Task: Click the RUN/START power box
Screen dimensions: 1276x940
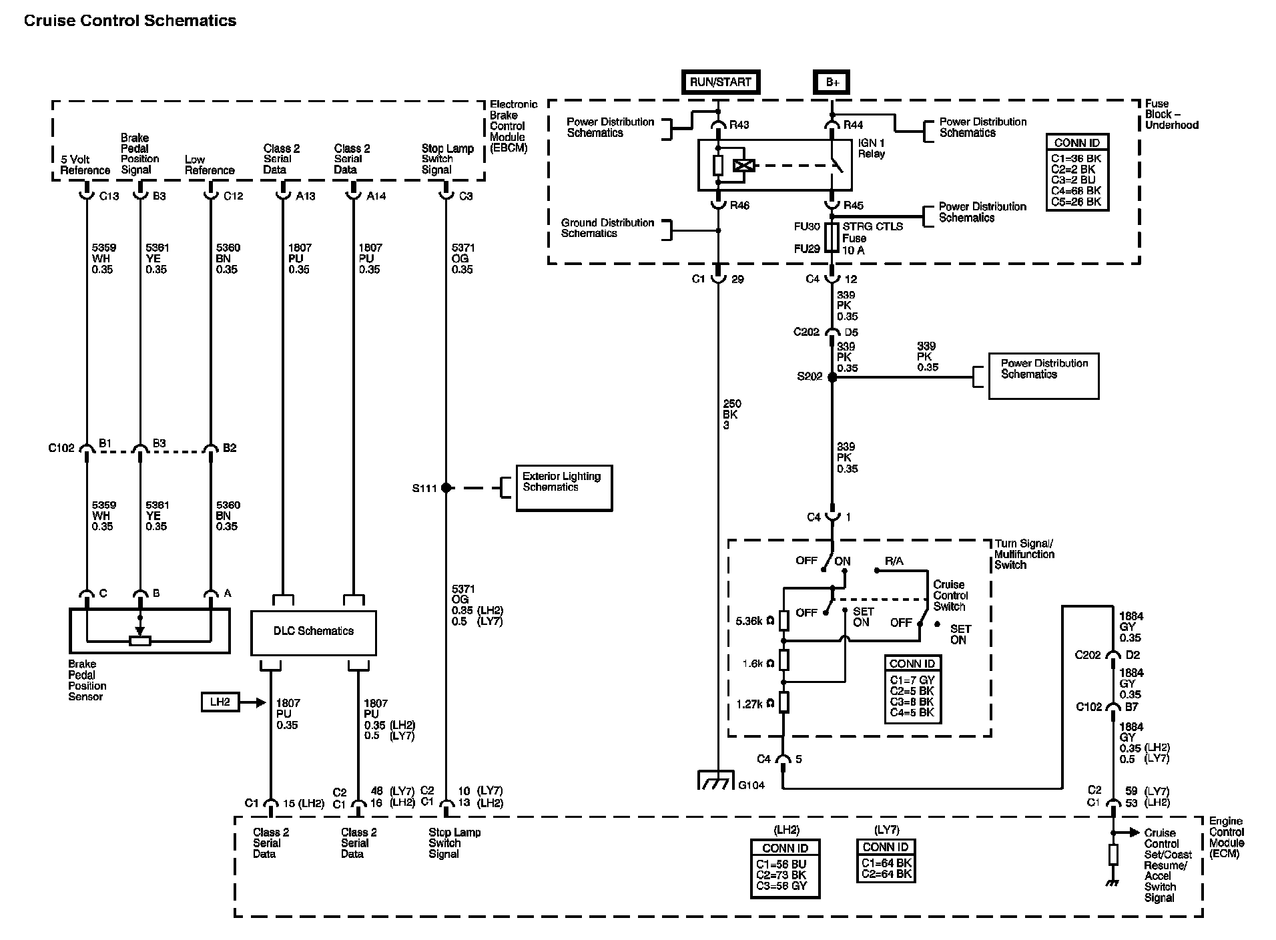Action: (x=721, y=82)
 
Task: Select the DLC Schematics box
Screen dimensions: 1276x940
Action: (x=313, y=632)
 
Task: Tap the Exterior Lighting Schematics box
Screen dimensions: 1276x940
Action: (x=564, y=488)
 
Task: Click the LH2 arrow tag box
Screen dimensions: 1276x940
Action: (x=220, y=702)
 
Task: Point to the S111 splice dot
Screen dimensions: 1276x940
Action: (x=446, y=488)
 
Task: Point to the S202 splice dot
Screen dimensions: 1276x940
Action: (x=832, y=377)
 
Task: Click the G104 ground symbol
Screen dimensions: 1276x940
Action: (x=716, y=780)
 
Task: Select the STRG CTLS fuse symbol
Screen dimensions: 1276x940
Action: (x=832, y=238)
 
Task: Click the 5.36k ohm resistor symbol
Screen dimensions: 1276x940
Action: (x=784, y=620)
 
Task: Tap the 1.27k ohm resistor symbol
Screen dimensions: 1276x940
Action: (x=784, y=702)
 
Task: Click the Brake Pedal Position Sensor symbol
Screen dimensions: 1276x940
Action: (x=149, y=631)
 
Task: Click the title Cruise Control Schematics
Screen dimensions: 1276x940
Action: (x=130, y=21)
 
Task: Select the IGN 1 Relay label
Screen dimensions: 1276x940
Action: (x=871, y=149)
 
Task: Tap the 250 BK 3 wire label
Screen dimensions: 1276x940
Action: (x=731, y=415)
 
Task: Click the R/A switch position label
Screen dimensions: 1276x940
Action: (x=894, y=561)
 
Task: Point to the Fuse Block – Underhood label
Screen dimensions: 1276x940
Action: (x=1171, y=114)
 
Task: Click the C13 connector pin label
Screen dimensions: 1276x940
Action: (x=109, y=196)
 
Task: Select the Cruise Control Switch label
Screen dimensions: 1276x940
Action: (x=950, y=596)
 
